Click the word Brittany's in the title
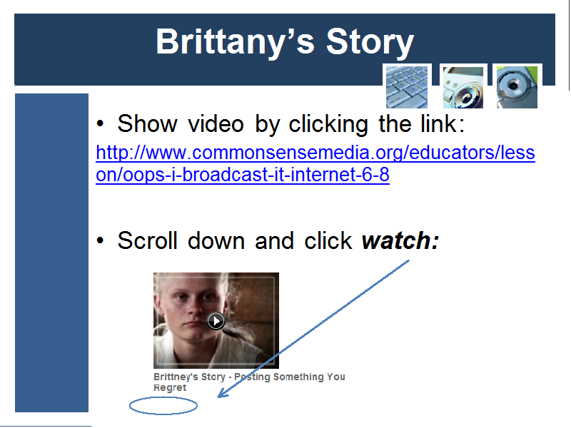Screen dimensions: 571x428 236,43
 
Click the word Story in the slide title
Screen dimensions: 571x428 370,43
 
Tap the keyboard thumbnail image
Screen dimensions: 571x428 407,87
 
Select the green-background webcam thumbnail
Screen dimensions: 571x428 517,87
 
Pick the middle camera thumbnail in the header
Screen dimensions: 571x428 463,87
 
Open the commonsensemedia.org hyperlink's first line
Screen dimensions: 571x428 315,153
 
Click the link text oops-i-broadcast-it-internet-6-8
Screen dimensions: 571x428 243,175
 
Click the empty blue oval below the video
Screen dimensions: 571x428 163,406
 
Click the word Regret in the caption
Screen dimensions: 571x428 170,387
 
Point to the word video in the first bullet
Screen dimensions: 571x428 216,124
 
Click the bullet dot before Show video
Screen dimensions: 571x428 100,123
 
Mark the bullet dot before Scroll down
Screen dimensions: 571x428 100,240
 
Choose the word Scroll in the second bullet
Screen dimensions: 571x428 148,240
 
